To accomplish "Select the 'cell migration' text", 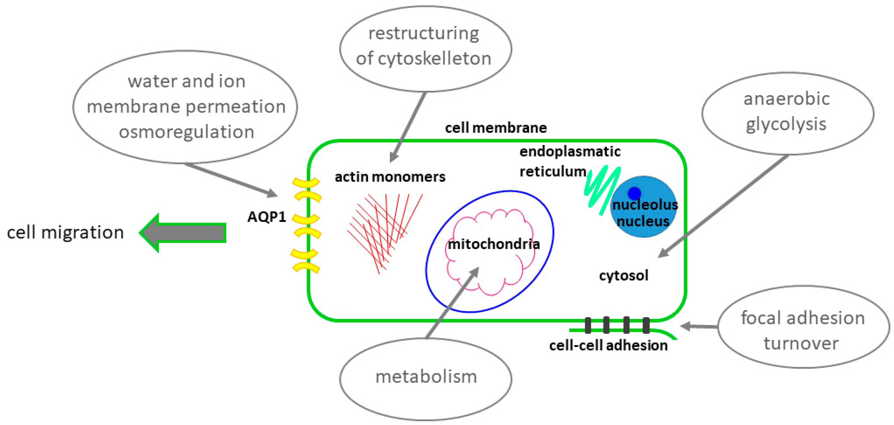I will click(x=65, y=232).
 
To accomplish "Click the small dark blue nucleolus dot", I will click(x=634, y=193).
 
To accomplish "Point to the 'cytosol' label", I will click(x=624, y=276).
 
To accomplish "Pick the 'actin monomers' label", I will click(x=390, y=177).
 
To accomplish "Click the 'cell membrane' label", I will click(x=496, y=128).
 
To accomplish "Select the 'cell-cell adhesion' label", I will click(x=608, y=346).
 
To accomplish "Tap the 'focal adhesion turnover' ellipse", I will click(x=803, y=327).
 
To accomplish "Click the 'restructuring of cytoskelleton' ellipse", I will click(x=425, y=48).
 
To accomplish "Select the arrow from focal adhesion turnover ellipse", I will click(x=699, y=326).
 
